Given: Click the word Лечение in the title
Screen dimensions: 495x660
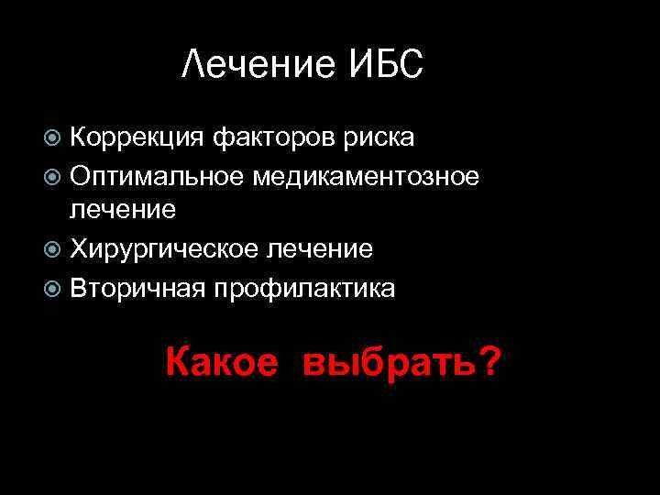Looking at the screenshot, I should point(259,64).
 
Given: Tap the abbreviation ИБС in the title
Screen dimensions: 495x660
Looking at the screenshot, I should point(386,64).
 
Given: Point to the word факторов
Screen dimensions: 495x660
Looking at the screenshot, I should point(274,138).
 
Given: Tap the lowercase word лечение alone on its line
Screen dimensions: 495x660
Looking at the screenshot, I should point(124,210).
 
